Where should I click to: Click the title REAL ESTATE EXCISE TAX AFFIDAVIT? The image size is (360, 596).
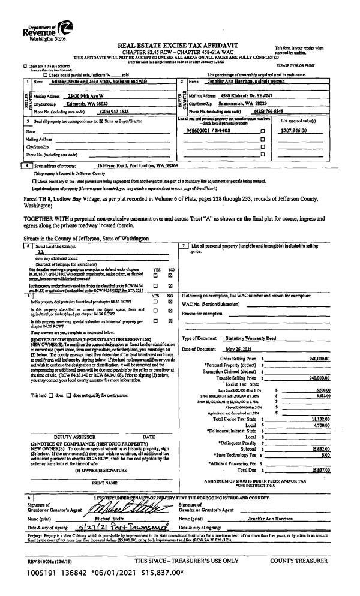point(179,38)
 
